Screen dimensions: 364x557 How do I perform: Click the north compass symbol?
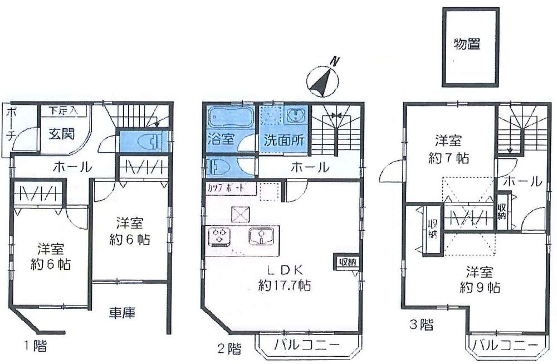point(323,79)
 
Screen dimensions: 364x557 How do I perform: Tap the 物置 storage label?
point(467,45)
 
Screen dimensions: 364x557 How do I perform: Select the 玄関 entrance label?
point(57,134)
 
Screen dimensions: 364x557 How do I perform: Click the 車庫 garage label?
point(123,313)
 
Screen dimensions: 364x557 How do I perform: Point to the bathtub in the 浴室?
point(229,118)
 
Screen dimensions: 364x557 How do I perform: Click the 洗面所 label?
point(284,140)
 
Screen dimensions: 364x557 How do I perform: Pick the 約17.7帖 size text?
point(284,285)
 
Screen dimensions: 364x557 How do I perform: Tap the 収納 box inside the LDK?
point(346,261)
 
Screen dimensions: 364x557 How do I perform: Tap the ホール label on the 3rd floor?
point(521,181)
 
